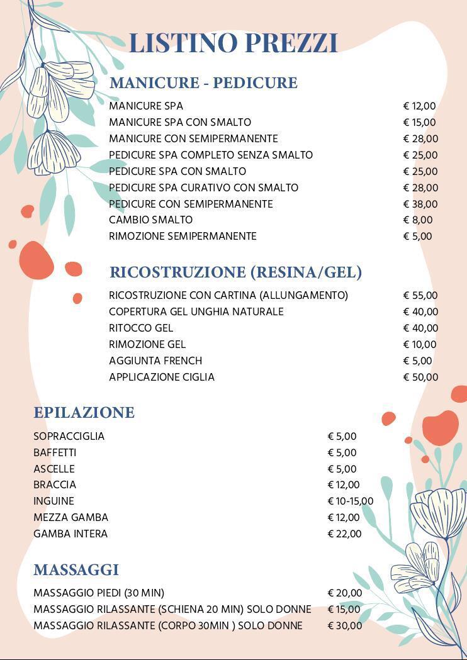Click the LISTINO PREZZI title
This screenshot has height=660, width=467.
pos(233,43)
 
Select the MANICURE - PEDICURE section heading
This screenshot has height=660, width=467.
pos(203,82)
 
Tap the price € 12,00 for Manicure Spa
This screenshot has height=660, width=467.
pos(419,106)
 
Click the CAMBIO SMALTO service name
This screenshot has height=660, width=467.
pos(150,220)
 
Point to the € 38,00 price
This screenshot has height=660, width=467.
pos(420,204)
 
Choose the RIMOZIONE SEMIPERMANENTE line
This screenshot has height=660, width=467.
pos(183,237)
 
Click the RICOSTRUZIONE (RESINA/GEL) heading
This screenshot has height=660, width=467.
pos(235,272)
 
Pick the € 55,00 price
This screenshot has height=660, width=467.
pos(420,296)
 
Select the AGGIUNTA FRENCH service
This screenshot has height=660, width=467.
pos(155,361)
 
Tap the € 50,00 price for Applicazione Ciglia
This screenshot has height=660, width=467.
pos(420,378)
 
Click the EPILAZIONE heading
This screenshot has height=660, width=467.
pos(84,413)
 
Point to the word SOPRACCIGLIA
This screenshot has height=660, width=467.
pos(69,437)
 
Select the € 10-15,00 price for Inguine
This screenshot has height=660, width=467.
pos(351,501)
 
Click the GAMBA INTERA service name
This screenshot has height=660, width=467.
pos(70,534)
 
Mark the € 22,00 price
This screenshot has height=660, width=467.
pos(345,534)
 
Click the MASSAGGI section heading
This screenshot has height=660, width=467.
pos(76,570)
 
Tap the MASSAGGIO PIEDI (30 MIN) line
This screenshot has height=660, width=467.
pos(99,593)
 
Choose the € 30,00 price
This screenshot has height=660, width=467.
pos(345,626)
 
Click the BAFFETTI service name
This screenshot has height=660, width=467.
pos(55,453)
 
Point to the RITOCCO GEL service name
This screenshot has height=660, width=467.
pos(141,328)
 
